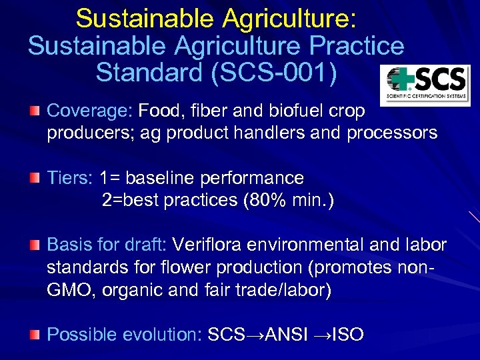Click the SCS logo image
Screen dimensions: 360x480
click(x=425, y=85)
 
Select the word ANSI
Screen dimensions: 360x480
click(x=287, y=335)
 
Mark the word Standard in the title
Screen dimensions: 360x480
click(x=149, y=73)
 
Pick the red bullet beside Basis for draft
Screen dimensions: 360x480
click(x=34, y=245)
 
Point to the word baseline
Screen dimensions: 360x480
click(x=163, y=179)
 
